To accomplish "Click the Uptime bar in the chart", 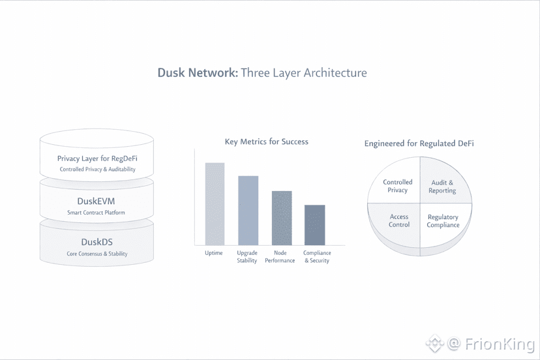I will (215, 203).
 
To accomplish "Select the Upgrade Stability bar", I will (248, 210).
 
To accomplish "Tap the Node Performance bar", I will (282, 218).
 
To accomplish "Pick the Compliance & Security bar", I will (314, 225).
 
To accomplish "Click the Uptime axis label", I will (214, 253).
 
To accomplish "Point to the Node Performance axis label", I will (280, 256).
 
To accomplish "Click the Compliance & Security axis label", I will (317, 256).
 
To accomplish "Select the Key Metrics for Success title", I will (266, 142).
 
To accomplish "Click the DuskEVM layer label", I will (97, 201).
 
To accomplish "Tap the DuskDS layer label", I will (97, 242).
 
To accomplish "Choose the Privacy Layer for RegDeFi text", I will (97, 158).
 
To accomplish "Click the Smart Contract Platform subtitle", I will (97, 213).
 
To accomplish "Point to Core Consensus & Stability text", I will (97, 254).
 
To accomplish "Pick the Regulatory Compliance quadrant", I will (443, 221).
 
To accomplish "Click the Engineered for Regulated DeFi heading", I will (419, 143).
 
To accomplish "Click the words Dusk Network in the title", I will (197, 72).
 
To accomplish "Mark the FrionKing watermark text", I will (500, 344).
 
